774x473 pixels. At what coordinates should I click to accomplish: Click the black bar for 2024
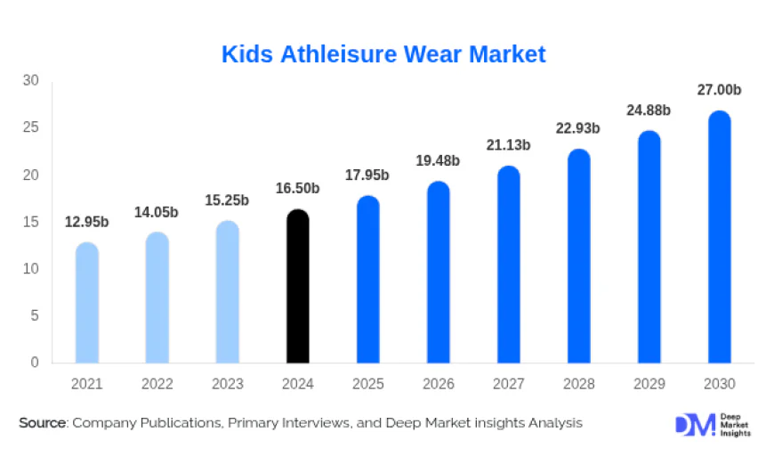(x=298, y=287)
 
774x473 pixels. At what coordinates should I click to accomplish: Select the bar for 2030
(x=719, y=238)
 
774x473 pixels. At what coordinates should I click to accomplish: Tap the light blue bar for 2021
(x=87, y=303)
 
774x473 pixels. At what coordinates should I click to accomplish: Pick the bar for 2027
(x=509, y=265)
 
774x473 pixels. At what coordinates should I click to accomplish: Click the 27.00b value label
(x=719, y=90)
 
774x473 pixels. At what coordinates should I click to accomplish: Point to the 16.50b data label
(x=298, y=188)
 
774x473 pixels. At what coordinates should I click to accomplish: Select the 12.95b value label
(x=87, y=221)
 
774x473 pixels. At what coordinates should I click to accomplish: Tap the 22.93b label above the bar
(x=578, y=128)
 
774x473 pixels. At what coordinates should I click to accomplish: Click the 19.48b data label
(x=439, y=160)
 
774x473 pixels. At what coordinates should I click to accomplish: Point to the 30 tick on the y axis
(x=31, y=80)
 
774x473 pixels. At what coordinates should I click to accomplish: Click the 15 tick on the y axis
(x=31, y=222)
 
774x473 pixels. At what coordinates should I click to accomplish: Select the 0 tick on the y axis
(x=35, y=363)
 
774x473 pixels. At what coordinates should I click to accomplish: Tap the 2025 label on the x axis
(x=368, y=385)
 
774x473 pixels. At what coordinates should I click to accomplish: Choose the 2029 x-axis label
(x=649, y=385)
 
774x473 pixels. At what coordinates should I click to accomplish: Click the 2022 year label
(x=157, y=385)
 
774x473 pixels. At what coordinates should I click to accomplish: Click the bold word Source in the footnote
(x=43, y=423)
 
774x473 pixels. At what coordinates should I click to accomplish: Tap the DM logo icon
(x=694, y=425)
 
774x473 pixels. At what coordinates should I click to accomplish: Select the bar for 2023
(x=228, y=292)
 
